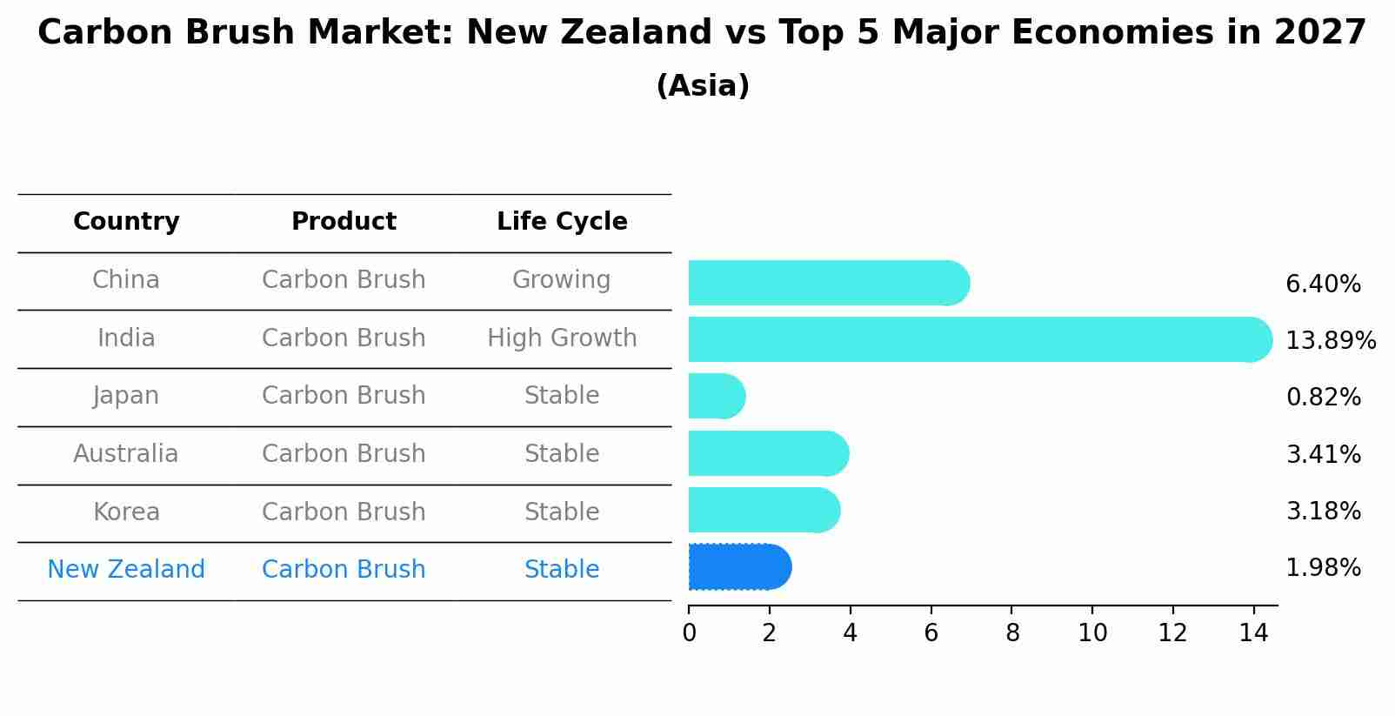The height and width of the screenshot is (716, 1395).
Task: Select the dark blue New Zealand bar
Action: tap(739, 567)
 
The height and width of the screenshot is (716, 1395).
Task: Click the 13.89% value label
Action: tap(1330, 340)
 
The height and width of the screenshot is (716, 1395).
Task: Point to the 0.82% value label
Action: tap(1323, 398)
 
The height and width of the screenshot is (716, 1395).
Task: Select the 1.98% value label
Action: tap(1323, 568)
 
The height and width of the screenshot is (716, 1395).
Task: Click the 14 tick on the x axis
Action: tap(1253, 633)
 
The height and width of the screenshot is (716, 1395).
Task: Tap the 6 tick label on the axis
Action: tap(931, 633)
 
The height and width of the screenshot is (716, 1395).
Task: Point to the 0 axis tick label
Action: tap(689, 633)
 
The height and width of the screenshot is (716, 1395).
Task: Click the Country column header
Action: tap(126, 222)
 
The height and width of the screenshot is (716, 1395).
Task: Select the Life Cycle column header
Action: tap(562, 222)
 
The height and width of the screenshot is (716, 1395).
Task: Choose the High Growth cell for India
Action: tap(562, 338)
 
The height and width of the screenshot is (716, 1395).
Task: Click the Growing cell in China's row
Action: tap(561, 280)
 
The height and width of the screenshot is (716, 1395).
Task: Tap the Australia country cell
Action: tap(126, 454)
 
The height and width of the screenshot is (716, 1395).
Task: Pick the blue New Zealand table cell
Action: tap(126, 570)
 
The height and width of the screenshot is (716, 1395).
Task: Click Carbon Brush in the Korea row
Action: tap(344, 512)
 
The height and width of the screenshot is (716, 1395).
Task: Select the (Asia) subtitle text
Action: tap(702, 86)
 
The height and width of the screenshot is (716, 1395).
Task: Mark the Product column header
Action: tap(344, 222)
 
